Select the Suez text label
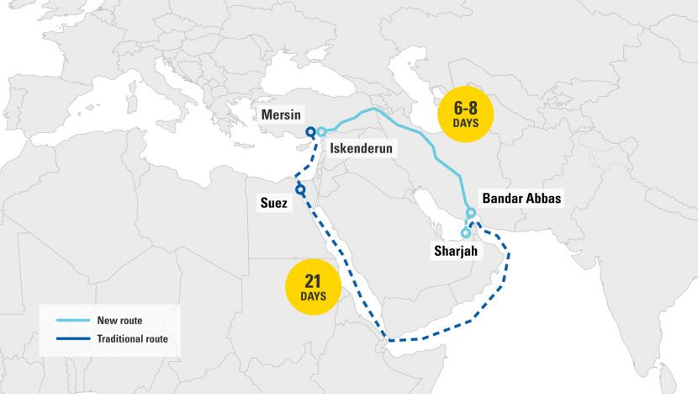pyautogui.click(x=273, y=203)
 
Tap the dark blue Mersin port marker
pyautogui.click(x=310, y=131)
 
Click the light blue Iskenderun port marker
pyautogui.click(x=321, y=131)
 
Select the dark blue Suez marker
pyautogui.click(x=300, y=191)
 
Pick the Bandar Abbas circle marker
pyautogui.click(x=472, y=212)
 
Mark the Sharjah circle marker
pyautogui.click(x=466, y=232)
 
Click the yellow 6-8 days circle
pyautogui.click(x=465, y=113)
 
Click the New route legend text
pyautogui.click(x=120, y=320)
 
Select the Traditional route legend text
pyautogui.click(x=132, y=338)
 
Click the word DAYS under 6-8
pyautogui.click(x=465, y=123)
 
